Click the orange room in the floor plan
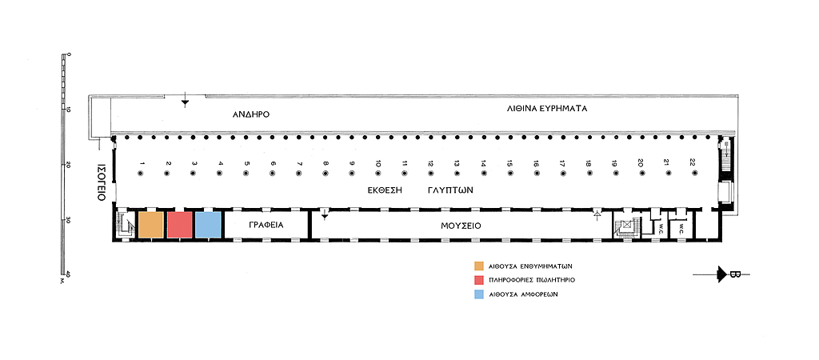click(151, 225)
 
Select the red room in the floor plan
click(179, 225)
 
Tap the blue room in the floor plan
click(208, 225)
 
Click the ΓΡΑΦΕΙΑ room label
click(266, 226)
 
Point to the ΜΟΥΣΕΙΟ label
click(461, 226)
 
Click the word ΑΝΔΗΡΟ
click(251, 114)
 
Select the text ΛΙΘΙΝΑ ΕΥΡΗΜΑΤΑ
click(547, 108)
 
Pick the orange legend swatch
click(478, 266)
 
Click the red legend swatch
click(478, 280)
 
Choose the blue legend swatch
click(478, 294)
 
